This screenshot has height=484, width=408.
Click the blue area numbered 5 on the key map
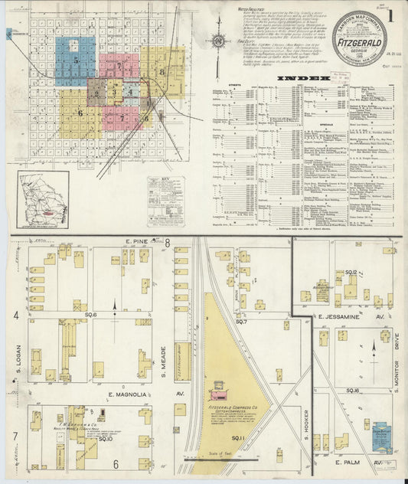click(x=76, y=58)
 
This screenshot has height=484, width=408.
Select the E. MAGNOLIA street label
click(x=121, y=394)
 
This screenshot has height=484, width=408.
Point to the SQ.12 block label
click(x=351, y=272)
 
